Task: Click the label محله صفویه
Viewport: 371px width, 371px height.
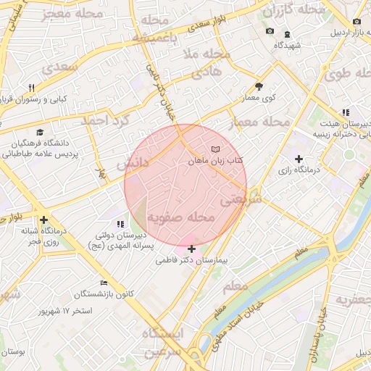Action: [181, 217]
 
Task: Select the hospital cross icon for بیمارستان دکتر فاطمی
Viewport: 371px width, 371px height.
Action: [191, 249]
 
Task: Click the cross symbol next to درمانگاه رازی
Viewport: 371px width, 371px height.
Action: [298, 159]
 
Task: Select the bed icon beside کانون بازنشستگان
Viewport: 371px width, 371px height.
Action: [104, 283]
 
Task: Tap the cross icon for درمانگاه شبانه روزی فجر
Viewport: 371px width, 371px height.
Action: [44, 220]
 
